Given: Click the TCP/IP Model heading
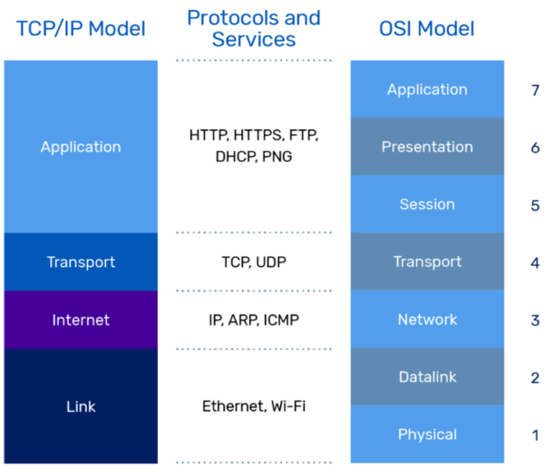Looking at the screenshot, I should tap(81, 28).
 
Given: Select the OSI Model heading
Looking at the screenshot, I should tap(426, 28).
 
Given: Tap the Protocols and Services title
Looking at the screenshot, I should tap(254, 28).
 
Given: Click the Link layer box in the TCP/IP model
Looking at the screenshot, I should tap(81, 406).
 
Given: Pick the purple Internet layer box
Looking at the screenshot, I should tap(81, 320).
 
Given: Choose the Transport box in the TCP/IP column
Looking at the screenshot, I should tap(81, 262).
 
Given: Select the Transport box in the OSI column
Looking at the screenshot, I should tap(427, 262).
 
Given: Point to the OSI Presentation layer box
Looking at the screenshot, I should tap(427, 147).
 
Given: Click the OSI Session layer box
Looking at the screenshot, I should tap(427, 204).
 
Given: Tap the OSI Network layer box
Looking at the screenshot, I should tap(427, 320).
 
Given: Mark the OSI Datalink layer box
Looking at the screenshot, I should tap(427, 377).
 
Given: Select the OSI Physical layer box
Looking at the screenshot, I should tap(427, 435).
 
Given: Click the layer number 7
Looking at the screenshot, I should tap(535, 90).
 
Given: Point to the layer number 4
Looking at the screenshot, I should tap(535, 262).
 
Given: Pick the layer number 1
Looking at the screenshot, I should tap(535, 435).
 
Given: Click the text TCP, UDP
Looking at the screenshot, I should tap(254, 262).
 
